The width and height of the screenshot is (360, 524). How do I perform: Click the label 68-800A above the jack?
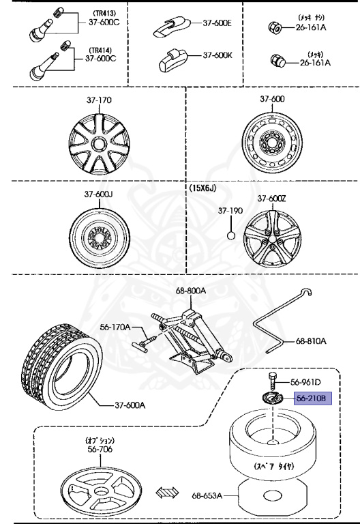(190, 291)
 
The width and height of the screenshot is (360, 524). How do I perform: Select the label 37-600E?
(217, 23)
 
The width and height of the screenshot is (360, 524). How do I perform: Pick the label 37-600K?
(217, 55)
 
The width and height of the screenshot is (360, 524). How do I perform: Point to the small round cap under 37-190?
(231, 235)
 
